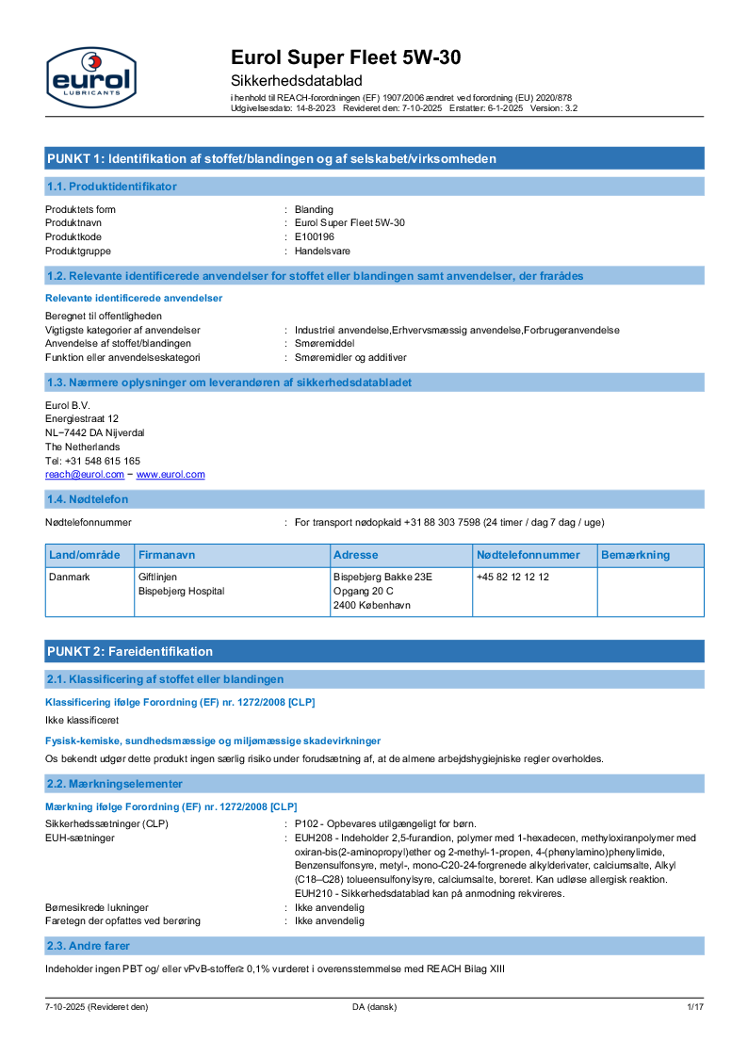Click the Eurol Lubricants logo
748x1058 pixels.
coord(91,76)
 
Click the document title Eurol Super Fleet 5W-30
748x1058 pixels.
coord(346,57)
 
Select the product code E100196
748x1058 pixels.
coord(315,236)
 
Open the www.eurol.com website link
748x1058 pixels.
coord(171,475)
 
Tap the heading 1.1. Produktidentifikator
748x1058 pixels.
coord(111,187)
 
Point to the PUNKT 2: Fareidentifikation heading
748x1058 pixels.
coord(130,651)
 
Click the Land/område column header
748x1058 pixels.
coord(85,555)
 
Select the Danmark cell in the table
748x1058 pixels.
coord(70,577)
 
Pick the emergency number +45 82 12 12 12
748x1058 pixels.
coord(512,577)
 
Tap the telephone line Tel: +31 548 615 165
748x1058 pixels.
coord(93,461)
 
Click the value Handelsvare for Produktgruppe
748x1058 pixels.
coord(322,251)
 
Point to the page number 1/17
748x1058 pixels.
coord(695,1007)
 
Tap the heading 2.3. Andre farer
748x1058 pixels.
coord(89,945)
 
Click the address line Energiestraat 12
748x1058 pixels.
coord(82,418)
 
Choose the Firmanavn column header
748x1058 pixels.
coord(167,555)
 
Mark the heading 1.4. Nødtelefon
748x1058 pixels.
coord(88,498)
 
